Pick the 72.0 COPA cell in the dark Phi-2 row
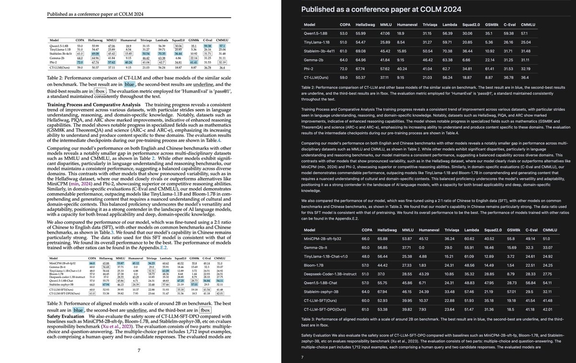click(x=343, y=69)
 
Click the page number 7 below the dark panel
click(x=302, y=357)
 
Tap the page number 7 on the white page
click(x=139, y=350)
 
